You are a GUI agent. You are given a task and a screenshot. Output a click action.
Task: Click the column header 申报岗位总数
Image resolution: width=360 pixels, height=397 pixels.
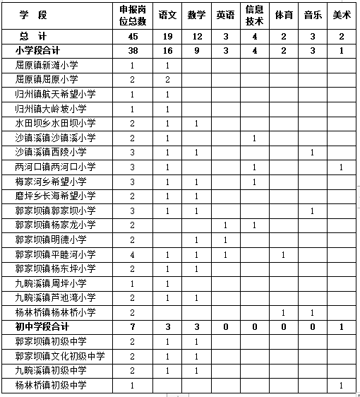pyautogui.click(x=133, y=15)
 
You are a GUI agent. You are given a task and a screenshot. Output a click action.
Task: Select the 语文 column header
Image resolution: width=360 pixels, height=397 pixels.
pyautogui.click(x=167, y=15)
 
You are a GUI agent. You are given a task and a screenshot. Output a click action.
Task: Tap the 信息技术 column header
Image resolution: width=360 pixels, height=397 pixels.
pyautogui.click(x=253, y=15)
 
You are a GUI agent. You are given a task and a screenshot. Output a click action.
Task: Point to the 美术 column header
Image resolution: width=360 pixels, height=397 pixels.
pyautogui.click(x=341, y=15)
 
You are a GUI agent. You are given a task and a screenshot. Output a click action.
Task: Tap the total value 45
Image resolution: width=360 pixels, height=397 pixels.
pyautogui.click(x=133, y=35)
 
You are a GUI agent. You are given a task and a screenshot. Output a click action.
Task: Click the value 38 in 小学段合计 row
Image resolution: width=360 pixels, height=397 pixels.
pyautogui.click(x=133, y=50)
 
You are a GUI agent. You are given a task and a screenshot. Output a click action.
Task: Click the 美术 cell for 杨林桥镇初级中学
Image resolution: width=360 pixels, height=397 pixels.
pyautogui.click(x=341, y=385)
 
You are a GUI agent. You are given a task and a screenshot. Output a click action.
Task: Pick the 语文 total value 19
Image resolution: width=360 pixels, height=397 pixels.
pyautogui.click(x=167, y=35)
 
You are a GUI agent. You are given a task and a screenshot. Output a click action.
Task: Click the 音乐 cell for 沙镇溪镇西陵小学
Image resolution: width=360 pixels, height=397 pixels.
pyautogui.click(x=311, y=152)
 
